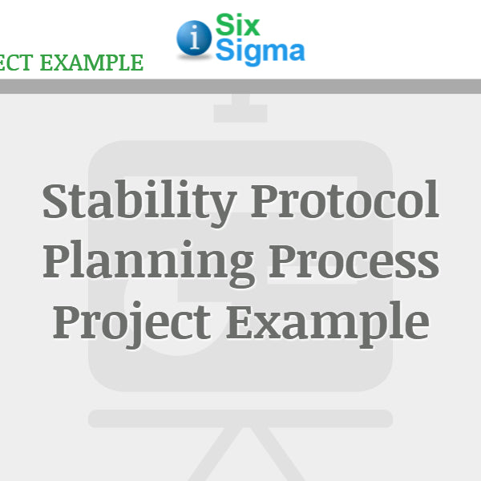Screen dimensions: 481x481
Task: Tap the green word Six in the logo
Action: tap(237, 26)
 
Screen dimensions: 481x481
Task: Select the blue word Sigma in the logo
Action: tap(259, 51)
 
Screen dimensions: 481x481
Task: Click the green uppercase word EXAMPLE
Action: tap(92, 63)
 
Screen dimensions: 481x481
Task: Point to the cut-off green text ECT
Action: tap(16, 63)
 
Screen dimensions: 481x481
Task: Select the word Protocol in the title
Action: tap(345, 202)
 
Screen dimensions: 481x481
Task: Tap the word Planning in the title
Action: tap(148, 261)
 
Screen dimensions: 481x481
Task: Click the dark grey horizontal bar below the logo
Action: tap(240, 87)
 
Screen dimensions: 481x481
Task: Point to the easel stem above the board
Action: tap(240, 108)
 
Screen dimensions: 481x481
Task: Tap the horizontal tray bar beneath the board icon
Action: tap(240, 418)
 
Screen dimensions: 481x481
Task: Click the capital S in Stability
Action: tap(59, 202)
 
